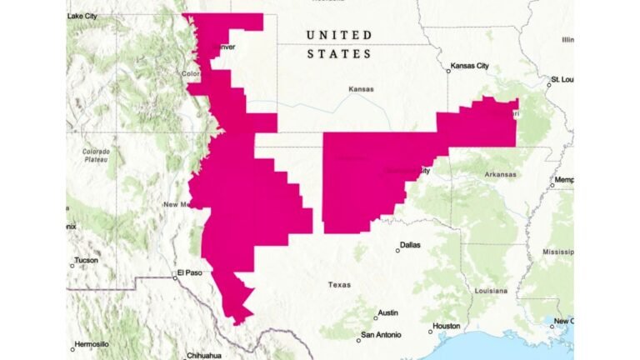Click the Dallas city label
[x=410, y=245]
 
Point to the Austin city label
[x=387, y=313]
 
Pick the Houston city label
[x=447, y=325]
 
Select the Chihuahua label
[x=204, y=354]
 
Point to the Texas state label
[x=339, y=284]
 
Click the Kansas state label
[x=361, y=89]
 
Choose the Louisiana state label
[x=491, y=291]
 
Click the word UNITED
[x=339, y=35]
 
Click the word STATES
[x=339, y=53]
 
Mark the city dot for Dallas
[x=397, y=250]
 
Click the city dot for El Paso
[x=175, y=277]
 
